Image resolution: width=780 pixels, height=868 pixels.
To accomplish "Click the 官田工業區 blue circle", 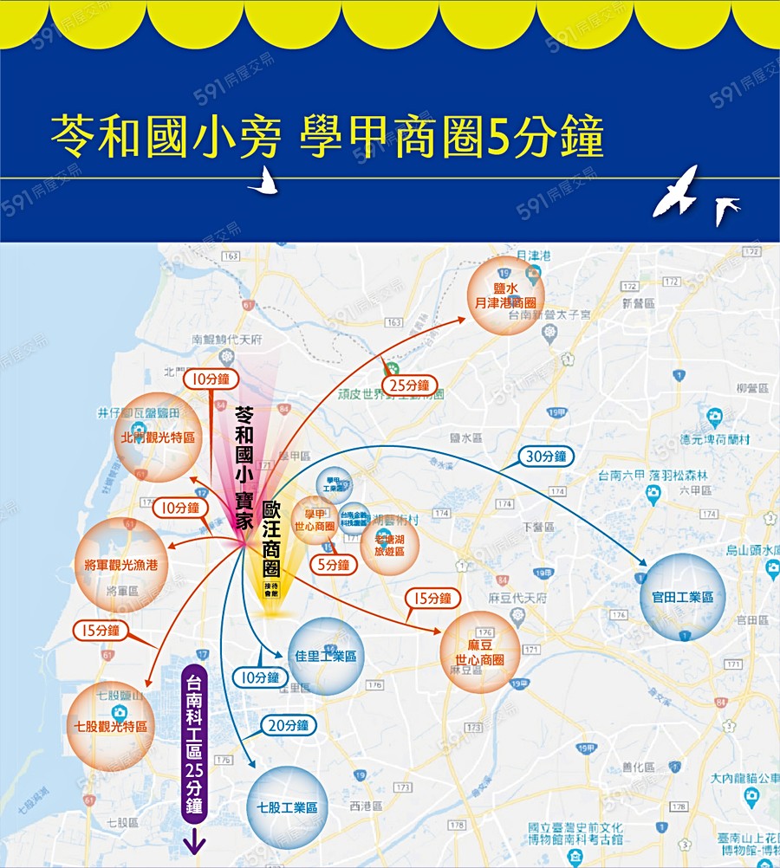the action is tap(682, 598).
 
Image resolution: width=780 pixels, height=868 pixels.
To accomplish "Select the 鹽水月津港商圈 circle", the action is tap(505, 295).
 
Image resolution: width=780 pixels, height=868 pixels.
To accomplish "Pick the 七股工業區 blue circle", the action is tap(287, 807).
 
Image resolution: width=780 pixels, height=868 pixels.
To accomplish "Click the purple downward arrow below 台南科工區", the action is tap(193, 840).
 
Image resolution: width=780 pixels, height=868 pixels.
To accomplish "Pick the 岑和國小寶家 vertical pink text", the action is tap(245, 468).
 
